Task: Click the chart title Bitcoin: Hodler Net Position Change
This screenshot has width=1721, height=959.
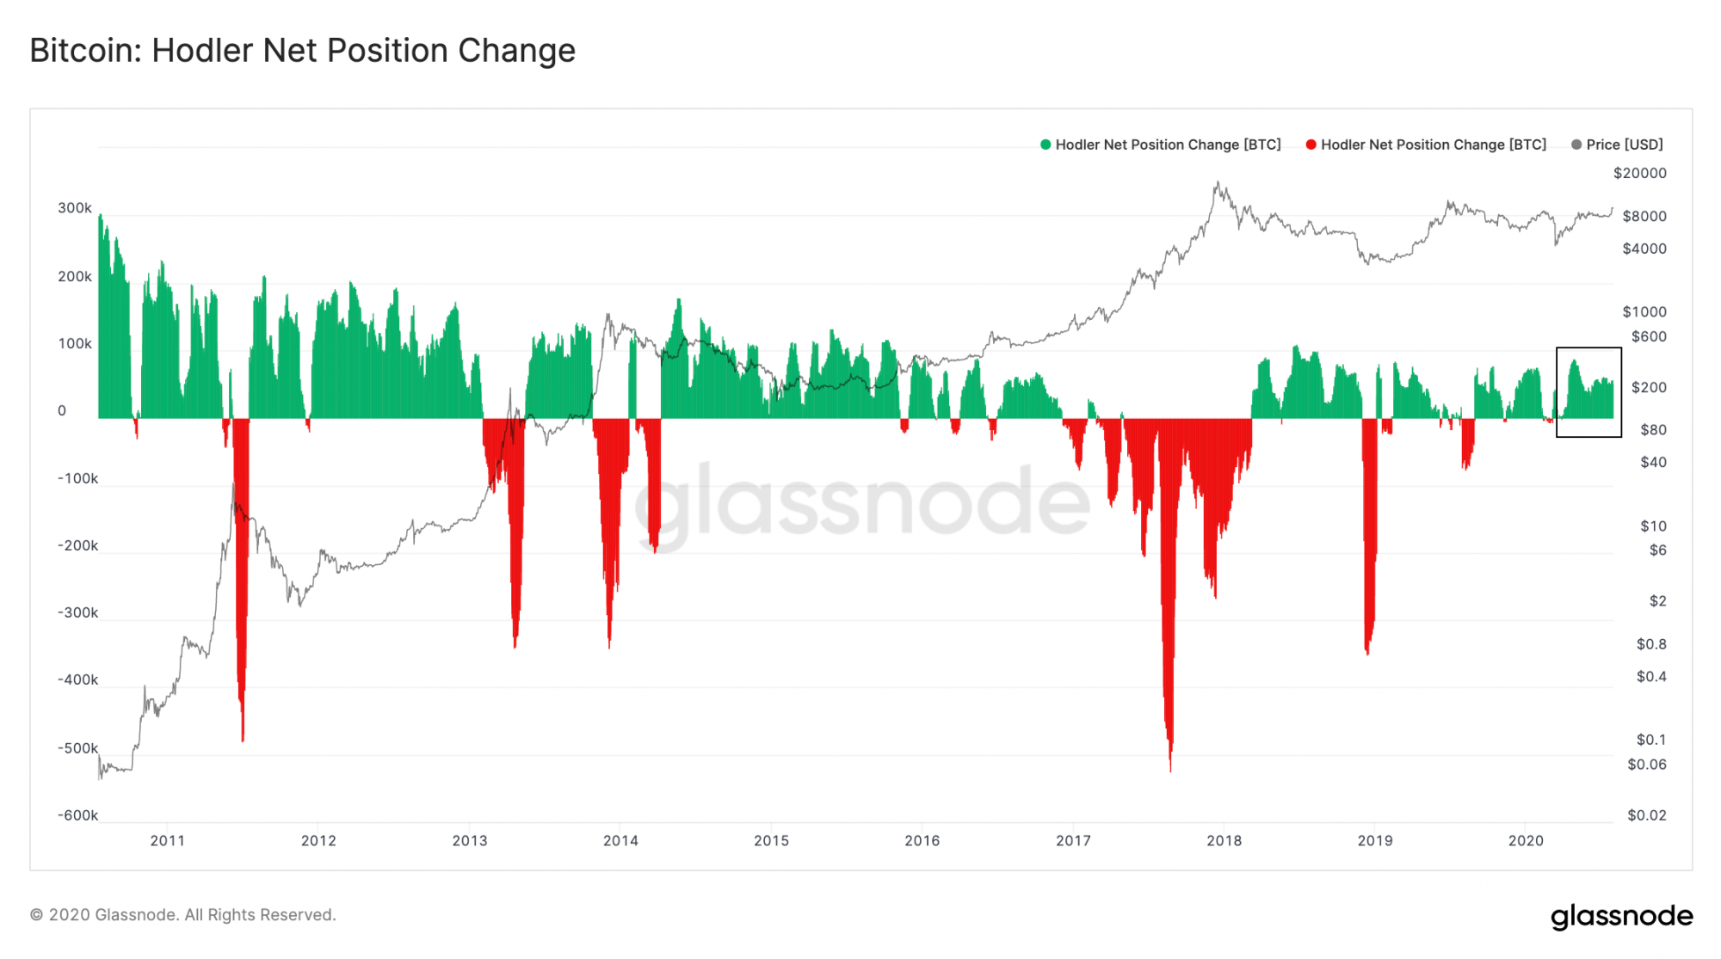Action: point(302,51)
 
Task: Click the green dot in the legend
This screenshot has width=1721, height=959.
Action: point(1046,144)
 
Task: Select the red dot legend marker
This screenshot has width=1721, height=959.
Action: point(1311,144)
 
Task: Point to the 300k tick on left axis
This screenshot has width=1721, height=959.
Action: point(75,208)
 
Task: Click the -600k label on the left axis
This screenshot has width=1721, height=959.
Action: point(77,815)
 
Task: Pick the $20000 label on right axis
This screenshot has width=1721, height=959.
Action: point(1639,173)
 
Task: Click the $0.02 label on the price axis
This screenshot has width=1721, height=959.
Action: point(1646,815)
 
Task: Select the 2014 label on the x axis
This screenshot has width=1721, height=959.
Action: point(620,840)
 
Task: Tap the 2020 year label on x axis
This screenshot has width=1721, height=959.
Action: point(1526,840)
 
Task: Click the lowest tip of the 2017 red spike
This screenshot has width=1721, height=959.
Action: point(1170,770)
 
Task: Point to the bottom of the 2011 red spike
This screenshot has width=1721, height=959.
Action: point(243,740)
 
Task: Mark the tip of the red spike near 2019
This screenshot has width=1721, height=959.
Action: point(1367,654)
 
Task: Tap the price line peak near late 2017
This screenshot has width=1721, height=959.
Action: point(1218,182)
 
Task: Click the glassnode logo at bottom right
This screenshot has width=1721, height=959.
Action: point(1621,916)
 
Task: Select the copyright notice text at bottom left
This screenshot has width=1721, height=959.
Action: point(183,915)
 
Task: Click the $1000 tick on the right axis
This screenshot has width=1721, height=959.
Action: point(1644,311)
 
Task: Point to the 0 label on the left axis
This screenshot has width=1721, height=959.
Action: point(62,411)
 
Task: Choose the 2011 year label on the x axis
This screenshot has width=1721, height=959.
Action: point(167,840)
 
